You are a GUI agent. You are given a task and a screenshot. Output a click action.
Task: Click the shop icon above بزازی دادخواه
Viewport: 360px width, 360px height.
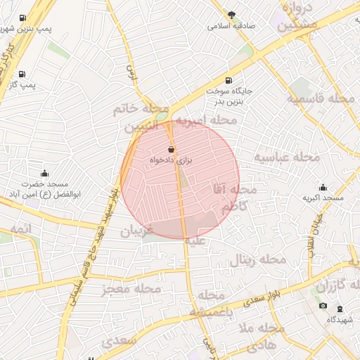click(x=172, y=150)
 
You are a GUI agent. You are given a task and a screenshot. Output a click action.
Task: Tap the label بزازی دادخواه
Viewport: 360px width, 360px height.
click(x=172, y=161)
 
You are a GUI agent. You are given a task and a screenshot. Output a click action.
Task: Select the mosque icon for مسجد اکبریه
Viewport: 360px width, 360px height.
click(x=323, y=187)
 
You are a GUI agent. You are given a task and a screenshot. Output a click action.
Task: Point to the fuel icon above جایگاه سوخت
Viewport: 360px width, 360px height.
click(x=229, y=81)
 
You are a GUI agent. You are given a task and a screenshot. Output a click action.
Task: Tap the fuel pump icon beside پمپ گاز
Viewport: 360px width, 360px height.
click(x=22, y=74)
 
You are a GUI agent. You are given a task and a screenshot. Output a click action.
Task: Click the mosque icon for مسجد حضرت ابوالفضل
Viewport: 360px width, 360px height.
click(x=45, y=173)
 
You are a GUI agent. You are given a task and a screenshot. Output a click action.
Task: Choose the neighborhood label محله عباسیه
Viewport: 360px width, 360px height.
click(x=286, y=156)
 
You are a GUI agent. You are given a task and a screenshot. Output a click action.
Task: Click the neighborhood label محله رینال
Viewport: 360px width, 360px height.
click(x=258, y=259)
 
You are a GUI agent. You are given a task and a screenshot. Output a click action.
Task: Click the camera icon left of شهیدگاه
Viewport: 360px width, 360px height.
click(x=323, y=306)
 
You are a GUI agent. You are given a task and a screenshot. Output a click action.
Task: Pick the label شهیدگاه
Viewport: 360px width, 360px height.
click(x=342, y=319)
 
